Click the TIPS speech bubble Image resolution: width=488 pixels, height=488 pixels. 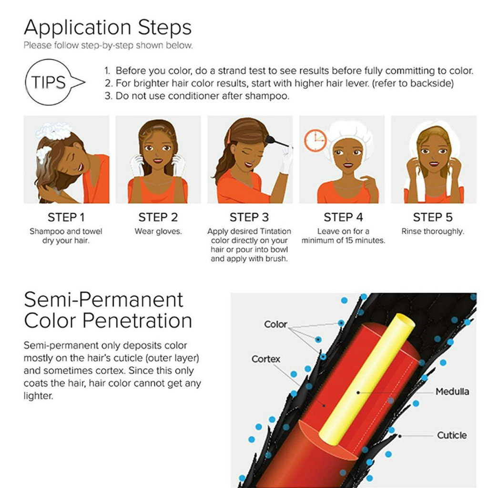click(x=50, y=82)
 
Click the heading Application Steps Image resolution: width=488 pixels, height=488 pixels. click(x=107, y=28)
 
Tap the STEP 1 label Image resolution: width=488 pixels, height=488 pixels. click(x=66, y=217)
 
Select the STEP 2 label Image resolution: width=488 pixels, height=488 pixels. click(x=158, y=217)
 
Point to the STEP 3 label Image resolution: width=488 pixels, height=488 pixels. click(x=249, y=217)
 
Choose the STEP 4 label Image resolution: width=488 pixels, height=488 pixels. click(x=343, y=217)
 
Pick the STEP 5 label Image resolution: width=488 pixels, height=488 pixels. click(x=433, y=217)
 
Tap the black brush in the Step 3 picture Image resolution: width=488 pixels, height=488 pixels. click(x=276, y=141)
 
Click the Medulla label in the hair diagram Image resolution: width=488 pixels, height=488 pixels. click(x=452, y=392)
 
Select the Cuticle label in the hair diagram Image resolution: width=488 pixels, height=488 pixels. click(x=452, y=435)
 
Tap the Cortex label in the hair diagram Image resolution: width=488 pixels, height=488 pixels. click(x=266, y=359)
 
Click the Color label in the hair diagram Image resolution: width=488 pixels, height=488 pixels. click(x=275, y=325)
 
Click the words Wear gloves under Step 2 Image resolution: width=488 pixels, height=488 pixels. click(x=158, y=232)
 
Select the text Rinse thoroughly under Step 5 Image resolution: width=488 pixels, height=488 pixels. click(x=433, y=232)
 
